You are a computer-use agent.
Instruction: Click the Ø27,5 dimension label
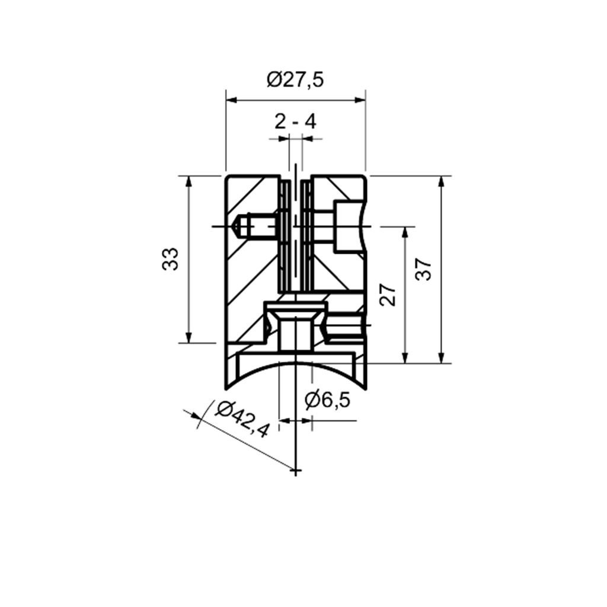pos(295,80)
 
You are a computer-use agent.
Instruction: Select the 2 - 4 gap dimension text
pos(295,122)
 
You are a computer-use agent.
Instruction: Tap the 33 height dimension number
pos(170,259)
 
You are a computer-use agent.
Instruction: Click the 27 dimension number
pos(388,295)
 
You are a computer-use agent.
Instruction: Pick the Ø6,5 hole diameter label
pos(327,400)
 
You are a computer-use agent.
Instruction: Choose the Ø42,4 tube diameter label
pos(242,420)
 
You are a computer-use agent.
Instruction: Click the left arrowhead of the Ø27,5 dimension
pos(232,100)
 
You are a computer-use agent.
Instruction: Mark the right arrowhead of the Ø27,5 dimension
pos(360,100)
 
